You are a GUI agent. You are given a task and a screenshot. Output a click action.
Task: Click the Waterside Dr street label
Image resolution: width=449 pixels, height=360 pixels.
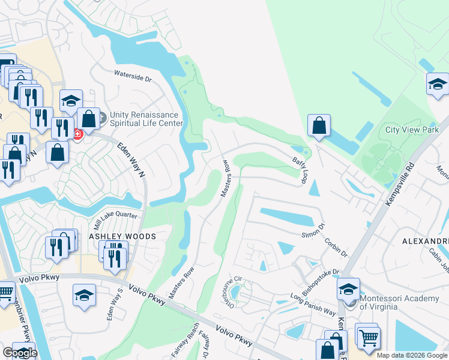(x=133, y=75)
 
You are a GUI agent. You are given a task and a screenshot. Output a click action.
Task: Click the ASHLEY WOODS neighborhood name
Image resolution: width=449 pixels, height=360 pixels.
(x=122, y=236)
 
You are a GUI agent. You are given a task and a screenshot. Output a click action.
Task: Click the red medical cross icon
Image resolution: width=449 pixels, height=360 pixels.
(x=77, y=134)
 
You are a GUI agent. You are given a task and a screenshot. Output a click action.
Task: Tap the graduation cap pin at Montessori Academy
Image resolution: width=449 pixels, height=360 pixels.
(x=348, y=289)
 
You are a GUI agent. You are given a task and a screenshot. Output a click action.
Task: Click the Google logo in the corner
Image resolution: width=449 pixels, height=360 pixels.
(x=19, y=353)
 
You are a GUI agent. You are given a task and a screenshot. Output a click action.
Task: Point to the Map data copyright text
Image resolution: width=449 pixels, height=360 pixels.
(x=412, y=355)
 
